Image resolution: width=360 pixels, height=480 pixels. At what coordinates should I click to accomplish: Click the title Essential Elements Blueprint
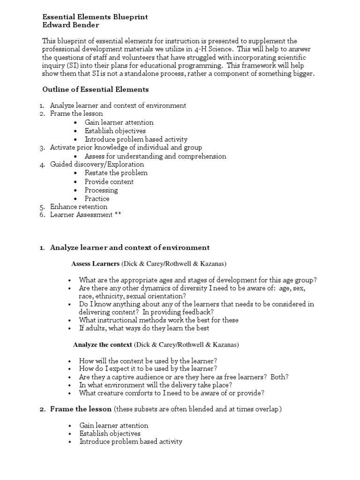click(x=95, y=16)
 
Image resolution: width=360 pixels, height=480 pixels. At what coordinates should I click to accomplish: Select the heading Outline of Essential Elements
click(x=96, y=89)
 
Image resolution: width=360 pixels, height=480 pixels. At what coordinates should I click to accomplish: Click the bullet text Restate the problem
click(x=116, y=173)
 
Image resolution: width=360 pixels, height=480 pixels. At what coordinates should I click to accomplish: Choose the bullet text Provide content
click(x=109, y=181)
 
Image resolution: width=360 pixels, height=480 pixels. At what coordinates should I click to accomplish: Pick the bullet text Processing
click(x=101, y=190)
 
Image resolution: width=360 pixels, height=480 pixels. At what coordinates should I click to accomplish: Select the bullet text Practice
click(x=97, y=198)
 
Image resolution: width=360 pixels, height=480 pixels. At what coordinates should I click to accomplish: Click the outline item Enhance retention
click(x=79, y=207)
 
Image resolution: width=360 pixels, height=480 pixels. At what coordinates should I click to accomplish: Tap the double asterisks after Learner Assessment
click(x=118, y=215)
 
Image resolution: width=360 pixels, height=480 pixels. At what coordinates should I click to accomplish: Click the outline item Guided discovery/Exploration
click(x=97, y=165)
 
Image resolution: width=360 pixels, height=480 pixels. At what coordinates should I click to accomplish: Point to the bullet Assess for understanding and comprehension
click(x=155, y=156)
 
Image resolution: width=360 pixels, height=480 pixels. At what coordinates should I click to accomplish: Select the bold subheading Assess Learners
click(x=95, y=264)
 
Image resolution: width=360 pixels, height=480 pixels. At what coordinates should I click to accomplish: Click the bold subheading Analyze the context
click(x=103, y=345)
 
